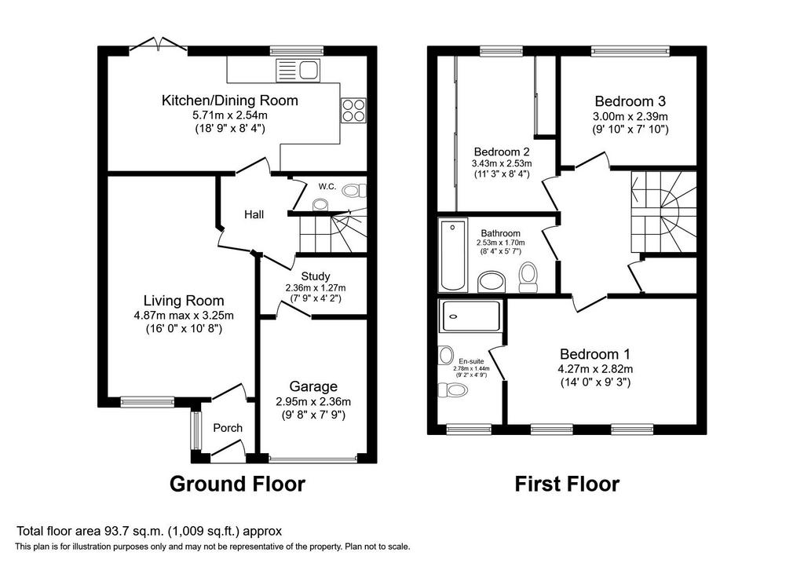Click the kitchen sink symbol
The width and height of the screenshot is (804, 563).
tap(298, 70)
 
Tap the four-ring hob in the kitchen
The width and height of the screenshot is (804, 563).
tap(353, 110)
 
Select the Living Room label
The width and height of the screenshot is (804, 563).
tap(184, 301)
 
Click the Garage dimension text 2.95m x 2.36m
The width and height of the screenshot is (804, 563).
tap(313, 401)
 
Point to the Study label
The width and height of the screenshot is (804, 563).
tap(316, 276)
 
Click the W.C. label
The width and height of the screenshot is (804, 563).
tap(327, 186)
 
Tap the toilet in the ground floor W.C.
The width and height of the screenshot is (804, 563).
tap(354, 191)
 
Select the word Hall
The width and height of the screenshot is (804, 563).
tap(254, 214)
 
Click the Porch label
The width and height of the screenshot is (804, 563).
tap(228, 428)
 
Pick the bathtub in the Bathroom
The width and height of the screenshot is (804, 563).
tap(453, 255)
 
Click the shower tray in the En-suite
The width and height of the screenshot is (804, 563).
tap(471, 316)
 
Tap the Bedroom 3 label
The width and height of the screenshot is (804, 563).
tap(630, 101)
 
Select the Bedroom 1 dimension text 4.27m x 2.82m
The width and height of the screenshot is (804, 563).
tap(595, 369)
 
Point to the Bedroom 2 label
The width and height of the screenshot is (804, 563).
tap(502, 152)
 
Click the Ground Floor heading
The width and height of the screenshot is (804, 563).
tap(237, 484)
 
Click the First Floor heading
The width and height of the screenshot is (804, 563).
tap(567, 484)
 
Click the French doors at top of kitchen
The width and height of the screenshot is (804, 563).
tap(158, 45)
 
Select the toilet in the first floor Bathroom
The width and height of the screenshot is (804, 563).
tap(527, 277)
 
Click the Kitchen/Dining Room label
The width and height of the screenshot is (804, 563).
tap(230, 101)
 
